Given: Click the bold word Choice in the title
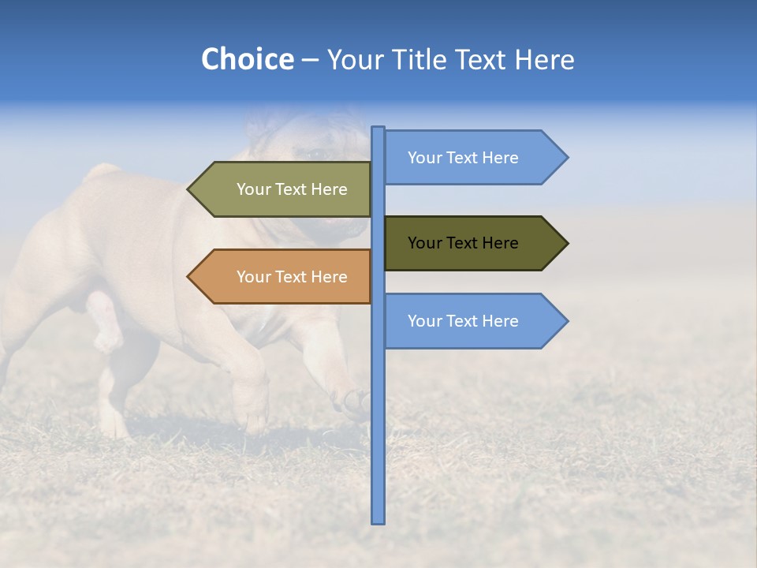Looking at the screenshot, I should pos(247,59).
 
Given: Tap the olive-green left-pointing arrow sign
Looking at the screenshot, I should pos(284,189).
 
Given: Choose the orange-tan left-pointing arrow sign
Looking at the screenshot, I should pos(284,277).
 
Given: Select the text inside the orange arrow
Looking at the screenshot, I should pos(292,277).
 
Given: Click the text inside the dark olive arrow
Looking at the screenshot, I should pos(463,243).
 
